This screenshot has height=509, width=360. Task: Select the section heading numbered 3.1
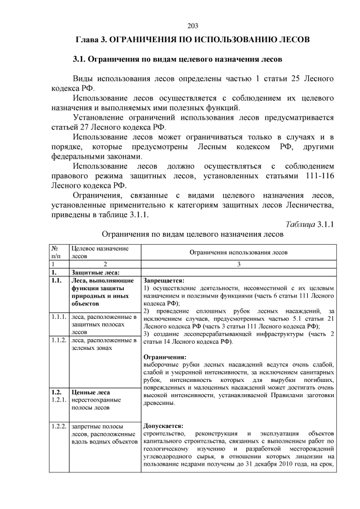click(177, 59)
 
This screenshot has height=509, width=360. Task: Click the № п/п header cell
click(55, 251)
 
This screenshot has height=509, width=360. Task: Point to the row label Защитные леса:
click(96, 272)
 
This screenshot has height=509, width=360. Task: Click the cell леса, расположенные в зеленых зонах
click(104, 344)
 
